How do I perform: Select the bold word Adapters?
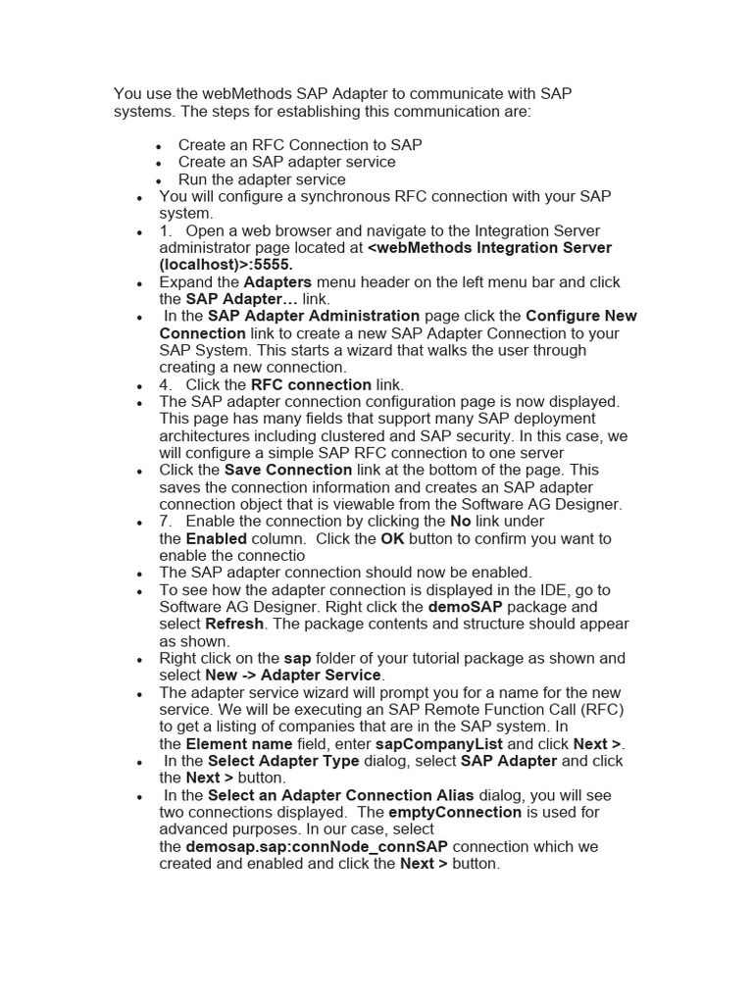click(x=278, y=282)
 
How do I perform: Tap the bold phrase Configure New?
click(x=581, y=316)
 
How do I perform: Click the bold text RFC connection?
click(x=311, y=384)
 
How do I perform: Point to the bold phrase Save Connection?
click(x=288, y=470)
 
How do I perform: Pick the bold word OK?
click(x=392, y=538)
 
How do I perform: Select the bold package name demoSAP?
click(x=466, y=607)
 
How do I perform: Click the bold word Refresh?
click(x=234, y=624)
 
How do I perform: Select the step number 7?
click(x=165, y=522)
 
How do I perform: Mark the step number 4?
click(x=165, y=384)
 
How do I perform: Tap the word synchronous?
click(x=342, y=196)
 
